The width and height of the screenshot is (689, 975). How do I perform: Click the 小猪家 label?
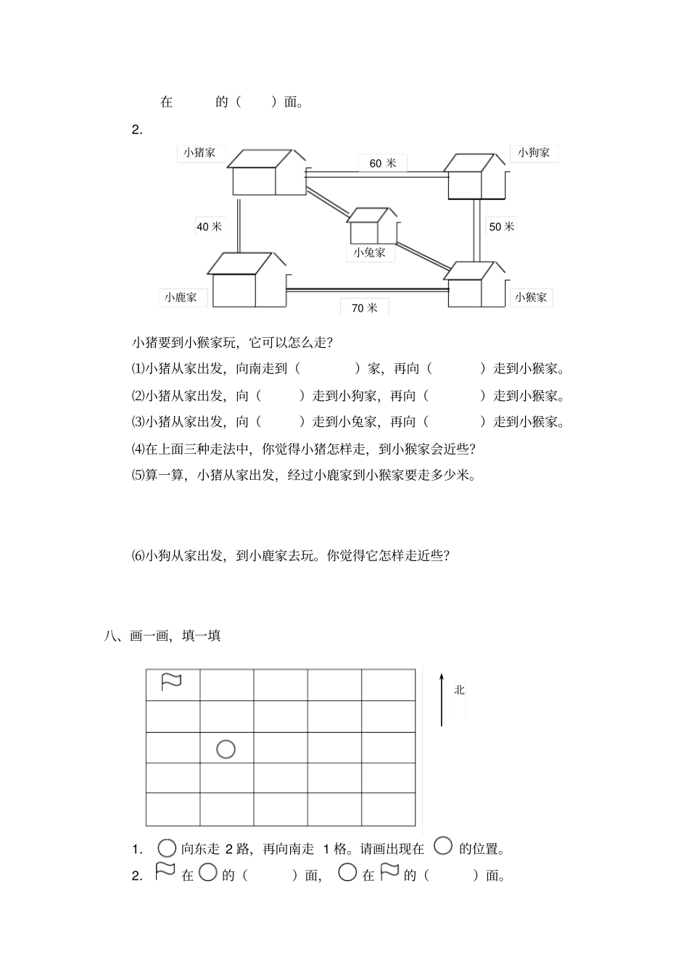pyautogui.click(x=199, y=153)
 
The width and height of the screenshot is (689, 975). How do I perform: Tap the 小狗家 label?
pyautogui.click(x=534, y=153)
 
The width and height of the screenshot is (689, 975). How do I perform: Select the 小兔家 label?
pyautogui.click(x=370, y=253)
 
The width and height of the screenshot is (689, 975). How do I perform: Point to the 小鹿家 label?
pyautogui.click(x=181, y=297)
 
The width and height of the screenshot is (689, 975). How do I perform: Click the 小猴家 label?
pyautogui.click(x=531, y=297)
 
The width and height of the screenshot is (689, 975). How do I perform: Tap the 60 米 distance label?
pyautogui.click(x=382, y=164)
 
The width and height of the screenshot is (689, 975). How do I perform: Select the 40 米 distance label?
pyautogui.click(x=210, y=227)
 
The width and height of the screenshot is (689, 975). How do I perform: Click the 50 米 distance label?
pyautogui.click(x=501, y=227)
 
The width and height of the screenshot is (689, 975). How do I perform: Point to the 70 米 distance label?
pyautogui.click(x=364, y=308)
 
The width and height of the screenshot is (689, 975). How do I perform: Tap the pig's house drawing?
pyautogui.click(x=266, y=173)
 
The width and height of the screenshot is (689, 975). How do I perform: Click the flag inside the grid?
pyautogui.click(x=171, y=682)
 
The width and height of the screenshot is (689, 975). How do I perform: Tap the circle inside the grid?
pyautogui.click(x=226, y=749)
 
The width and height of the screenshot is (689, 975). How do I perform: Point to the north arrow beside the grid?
pyautogui.click(x=441, y=699)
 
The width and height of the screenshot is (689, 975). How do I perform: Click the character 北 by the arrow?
pyautogui.click(x=459, y=690)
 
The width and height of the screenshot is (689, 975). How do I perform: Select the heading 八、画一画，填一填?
pyautogui.click(x=162, y=636)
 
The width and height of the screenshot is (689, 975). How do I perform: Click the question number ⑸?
pyautogui.click(x=138, y=476)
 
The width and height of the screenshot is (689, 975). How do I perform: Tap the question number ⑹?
pyautogui.click(x=138, y=556)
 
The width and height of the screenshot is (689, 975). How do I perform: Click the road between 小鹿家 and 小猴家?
pyautogui.click(x=368, y=290)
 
